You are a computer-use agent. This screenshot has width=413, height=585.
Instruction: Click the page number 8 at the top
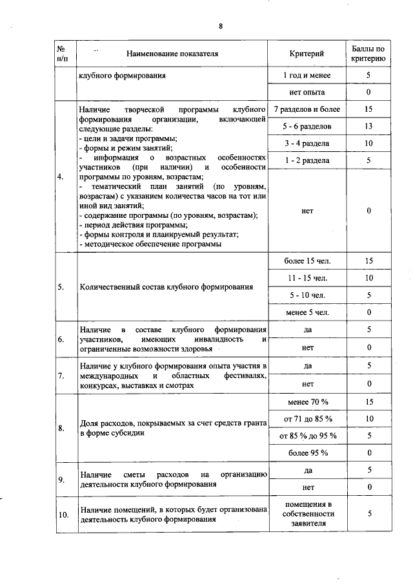pos(220,27)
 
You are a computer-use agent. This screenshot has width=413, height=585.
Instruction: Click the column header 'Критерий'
pos(307,54)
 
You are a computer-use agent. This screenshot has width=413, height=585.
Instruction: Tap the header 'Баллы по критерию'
pos(369,54)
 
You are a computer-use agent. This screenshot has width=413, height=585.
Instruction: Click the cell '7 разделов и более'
pos(307,109)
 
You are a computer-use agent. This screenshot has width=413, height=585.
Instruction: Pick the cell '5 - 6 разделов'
pos(307,125)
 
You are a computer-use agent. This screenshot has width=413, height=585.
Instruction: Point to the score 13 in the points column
pos(369,125)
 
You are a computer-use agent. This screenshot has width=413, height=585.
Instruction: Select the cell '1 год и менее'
pos(307,76)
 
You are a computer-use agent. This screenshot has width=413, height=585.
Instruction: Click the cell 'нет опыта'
pos(307,92)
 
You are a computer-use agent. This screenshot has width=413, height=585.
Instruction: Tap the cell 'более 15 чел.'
pos(307,261)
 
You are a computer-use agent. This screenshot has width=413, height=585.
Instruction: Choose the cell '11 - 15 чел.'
pos(307,278)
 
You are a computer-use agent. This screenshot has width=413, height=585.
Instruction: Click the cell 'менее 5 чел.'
pos(307,313)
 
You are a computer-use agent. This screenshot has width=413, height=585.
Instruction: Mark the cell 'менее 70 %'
pos(307,401)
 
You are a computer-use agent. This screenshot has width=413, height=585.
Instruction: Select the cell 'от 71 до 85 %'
pos(307,419)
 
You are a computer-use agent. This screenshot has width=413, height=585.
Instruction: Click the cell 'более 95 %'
pos(307,452)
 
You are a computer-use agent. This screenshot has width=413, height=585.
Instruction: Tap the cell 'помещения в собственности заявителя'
pos(307,514)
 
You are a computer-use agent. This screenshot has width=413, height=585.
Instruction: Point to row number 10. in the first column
pos(63,515)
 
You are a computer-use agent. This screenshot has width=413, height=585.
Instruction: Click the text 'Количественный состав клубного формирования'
pos(166,287)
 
